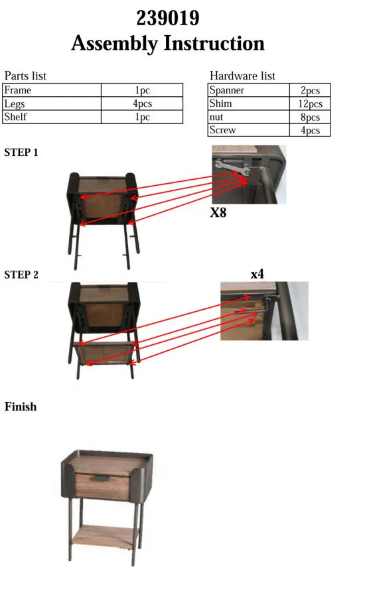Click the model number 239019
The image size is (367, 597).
click(168, 18)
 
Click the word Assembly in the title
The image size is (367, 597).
click(114, 43)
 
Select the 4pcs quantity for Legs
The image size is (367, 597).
click(142, 103)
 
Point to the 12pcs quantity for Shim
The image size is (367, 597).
click(310, 103)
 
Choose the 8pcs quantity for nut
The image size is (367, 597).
click(310, 117)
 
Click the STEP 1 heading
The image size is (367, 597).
click(21, 153)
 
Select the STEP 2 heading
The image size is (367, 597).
click(21, 275)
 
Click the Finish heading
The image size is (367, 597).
click(21, 406)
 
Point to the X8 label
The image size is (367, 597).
click(218, 212)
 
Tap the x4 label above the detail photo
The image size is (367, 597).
click(257, 274)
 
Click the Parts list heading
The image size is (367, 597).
click(25, 76)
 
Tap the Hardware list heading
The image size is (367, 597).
click(242, 76)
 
